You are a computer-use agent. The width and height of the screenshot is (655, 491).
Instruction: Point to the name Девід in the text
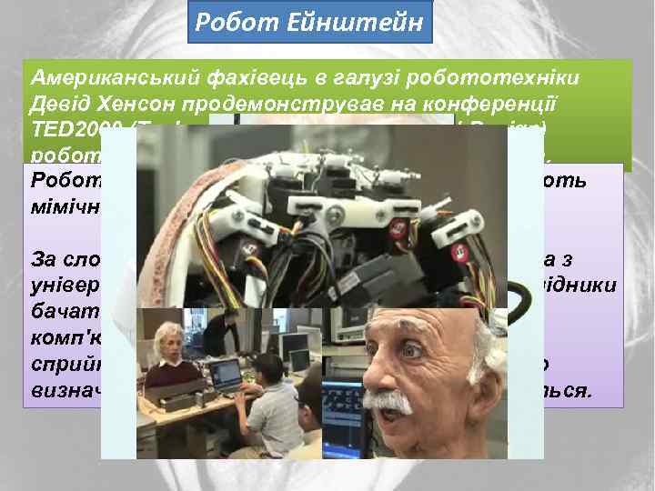pos(62,100)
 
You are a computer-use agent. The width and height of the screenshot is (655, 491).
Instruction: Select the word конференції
pos(518,100)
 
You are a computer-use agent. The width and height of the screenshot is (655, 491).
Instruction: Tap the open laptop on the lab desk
pos(226,375)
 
